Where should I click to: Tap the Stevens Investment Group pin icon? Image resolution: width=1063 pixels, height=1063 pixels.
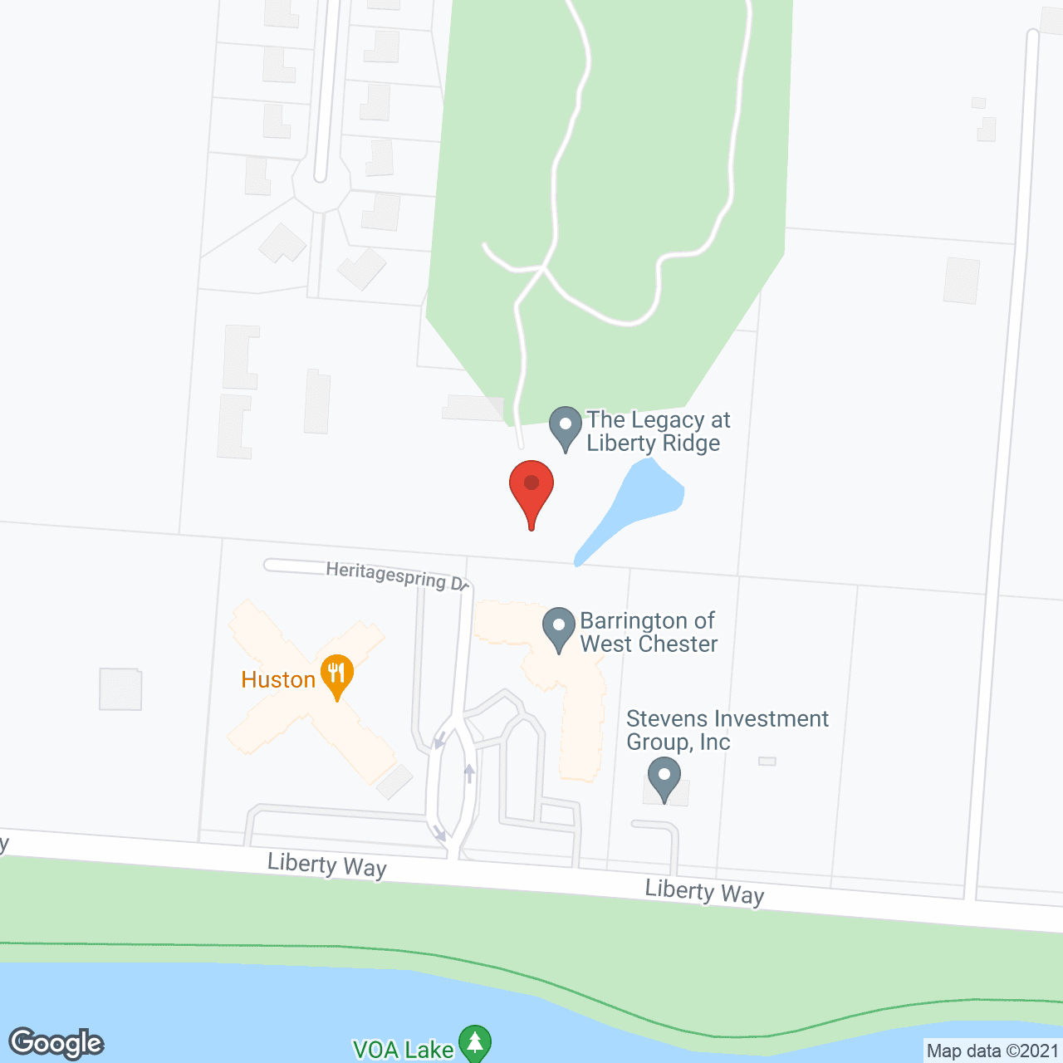coord(664,780)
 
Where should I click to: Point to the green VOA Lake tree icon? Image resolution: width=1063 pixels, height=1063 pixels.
coord(476,1044)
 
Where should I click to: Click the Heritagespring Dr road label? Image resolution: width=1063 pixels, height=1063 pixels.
coord(397,576)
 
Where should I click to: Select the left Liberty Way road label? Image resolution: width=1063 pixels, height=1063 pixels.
coord(327,865)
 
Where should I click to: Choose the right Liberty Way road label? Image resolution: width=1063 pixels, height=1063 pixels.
coord(704,892)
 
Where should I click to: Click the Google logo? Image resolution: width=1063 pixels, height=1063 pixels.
coord(56,1043)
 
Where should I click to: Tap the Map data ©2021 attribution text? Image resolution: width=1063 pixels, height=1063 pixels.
coord(992,1051)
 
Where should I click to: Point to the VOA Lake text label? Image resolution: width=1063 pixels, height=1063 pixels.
coord(404,1050)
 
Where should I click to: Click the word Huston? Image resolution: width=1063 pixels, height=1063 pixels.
coord(278,679)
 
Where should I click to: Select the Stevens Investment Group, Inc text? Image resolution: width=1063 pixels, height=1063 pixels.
coord(727,730)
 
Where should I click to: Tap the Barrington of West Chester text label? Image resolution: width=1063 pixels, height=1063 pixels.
coord(648,632)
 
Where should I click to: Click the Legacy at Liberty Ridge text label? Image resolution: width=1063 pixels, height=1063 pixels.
coord(658,431)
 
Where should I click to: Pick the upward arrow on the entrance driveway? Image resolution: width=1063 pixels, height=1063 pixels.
coord(469,773)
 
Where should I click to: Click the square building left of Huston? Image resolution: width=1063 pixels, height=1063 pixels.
coord(120,688)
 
